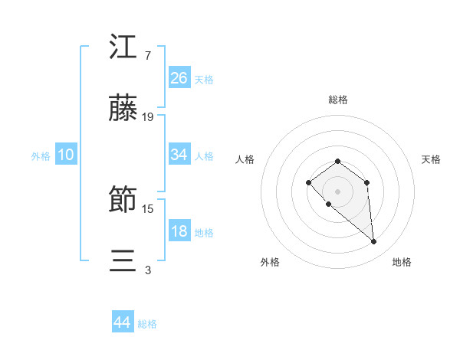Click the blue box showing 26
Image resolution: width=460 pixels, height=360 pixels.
(x=179, y=78)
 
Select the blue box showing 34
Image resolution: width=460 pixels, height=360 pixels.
(x=179, y=155)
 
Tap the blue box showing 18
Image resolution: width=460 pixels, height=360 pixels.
(x=179, y=231)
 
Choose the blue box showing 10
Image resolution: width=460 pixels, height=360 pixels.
(x=66, y=155)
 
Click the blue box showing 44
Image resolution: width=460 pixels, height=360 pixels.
(x=122, y=322)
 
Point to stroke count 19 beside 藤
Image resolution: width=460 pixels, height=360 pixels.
(x=148, y=117)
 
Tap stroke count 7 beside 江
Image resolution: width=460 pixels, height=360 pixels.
(x=147, y=55)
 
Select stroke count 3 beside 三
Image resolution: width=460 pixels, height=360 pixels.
(x=147, y=270)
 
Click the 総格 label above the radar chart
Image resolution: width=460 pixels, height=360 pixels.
(x=338, y=100)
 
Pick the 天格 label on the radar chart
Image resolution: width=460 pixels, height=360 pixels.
(x=432, y=159)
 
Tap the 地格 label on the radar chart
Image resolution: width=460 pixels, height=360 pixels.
(x=402, y=262)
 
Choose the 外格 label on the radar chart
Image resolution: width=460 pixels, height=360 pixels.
(x=270, y=262)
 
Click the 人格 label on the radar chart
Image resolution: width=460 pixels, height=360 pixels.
(x=245, y=159)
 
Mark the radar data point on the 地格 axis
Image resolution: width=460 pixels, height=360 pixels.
(x=374, y=242)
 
